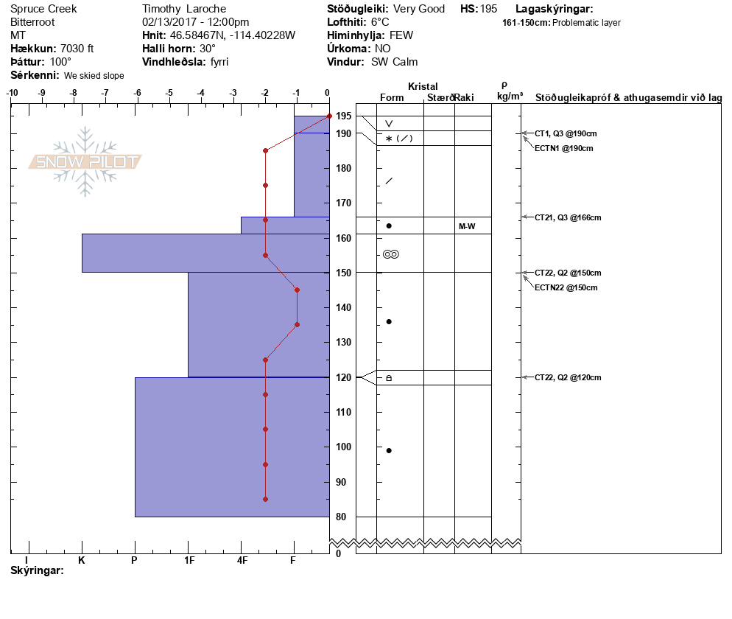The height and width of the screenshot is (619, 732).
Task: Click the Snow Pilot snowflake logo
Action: pyautogui.click(x=85, y=162)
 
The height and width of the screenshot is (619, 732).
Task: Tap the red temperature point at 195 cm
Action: pyautogui.click(x=329, y=116)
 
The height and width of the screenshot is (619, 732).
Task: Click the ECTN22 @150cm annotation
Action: pyautogui.click(x=566, y=287)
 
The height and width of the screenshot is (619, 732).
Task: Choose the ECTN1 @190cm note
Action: pyautogui.click(x=563, y=148)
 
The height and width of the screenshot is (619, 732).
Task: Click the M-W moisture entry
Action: pyautogui.click(x=467, y=226)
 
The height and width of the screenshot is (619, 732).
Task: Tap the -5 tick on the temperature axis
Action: pyautogui.click(x=169, y=93)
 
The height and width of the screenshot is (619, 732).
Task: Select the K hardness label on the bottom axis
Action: pyautogui.click(x=82, y=560)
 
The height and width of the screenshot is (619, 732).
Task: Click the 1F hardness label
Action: pyautogui.click(x=189, y=560)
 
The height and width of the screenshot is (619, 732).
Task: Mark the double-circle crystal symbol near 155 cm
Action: pyautogui.click(x=391, y=254)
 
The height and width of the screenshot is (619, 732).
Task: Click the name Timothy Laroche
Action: pyautogui.click(x=184, y=9)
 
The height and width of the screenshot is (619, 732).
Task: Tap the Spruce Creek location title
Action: pyautogui.click(x=43, y=9)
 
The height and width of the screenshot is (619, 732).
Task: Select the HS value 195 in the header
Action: pyautogui.click(x=488, y=9)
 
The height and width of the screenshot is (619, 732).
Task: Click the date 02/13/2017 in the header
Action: pyautogui.click(x=169, y=22)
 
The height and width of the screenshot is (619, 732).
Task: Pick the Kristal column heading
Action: pyautogui.click(x=423, y=87)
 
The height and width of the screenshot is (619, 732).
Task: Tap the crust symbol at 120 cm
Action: pyautogui.click(x=389, y=378)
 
